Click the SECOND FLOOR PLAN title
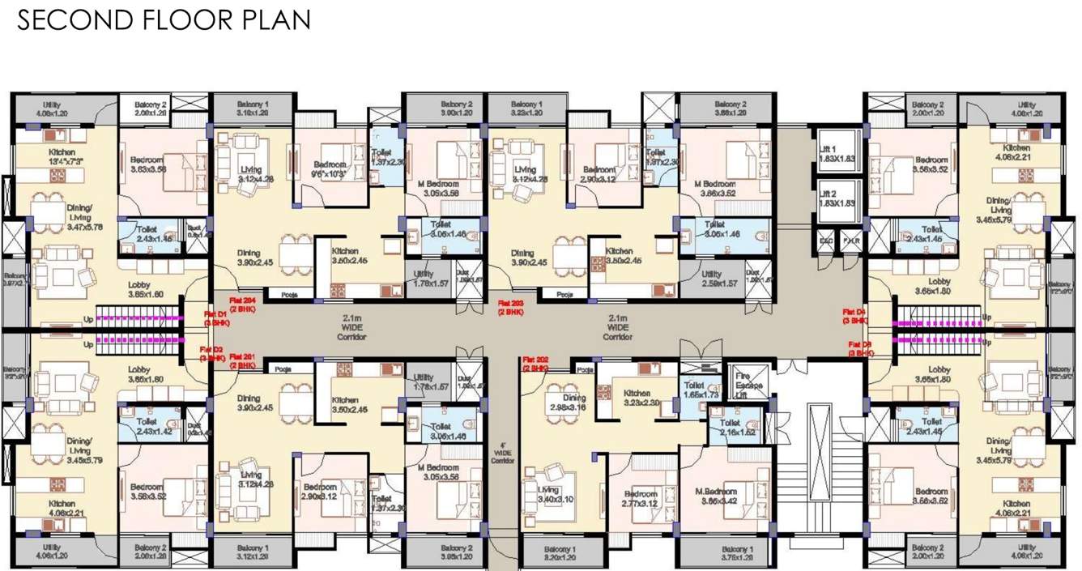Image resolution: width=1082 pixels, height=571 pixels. [x=164, y=19]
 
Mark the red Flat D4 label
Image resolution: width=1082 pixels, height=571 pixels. [x=854, y=316]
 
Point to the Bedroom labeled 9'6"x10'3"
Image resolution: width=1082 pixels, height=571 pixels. [x=330, y=169]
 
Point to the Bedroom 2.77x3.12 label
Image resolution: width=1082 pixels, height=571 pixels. [x=641, y=499]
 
